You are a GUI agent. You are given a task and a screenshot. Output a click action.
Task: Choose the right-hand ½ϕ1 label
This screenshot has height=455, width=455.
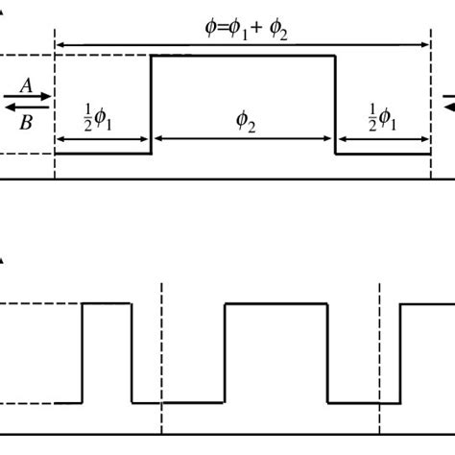(381, 117)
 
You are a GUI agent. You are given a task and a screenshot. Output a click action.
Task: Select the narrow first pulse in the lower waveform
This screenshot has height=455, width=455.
(107, 304)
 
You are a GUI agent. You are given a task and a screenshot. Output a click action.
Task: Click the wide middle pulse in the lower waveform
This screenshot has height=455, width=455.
(276, 304)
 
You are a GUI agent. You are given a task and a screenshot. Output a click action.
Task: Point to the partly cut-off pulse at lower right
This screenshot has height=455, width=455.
(427, 304)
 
